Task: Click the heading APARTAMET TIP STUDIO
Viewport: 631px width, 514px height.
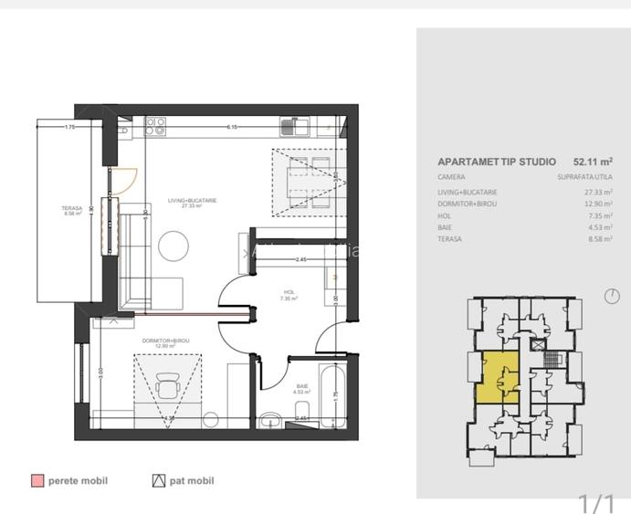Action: [x=496, y=162]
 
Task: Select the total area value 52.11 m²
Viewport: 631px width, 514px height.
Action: [x=593, y=162]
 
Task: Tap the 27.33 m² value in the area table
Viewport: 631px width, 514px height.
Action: [x=599, y=193]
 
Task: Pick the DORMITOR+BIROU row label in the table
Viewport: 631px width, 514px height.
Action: [x=468, y=205]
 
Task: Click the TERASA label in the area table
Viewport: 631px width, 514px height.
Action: [x=450, y=239]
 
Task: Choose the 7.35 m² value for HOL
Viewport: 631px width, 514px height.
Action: [x=599, y=216]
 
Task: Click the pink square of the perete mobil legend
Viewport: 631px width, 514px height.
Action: [x=37, y=480]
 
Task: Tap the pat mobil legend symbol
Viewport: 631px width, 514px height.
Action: [x=159, y=480]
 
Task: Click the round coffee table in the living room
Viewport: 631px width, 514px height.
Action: [x=173, y=244]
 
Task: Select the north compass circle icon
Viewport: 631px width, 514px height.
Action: [x=612, y=296]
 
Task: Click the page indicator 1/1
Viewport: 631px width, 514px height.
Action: [x=597, y=502]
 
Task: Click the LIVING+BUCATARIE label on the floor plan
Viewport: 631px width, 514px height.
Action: [x=192, y=200]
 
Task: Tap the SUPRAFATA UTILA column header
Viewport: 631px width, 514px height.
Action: [x=584, y=177]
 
